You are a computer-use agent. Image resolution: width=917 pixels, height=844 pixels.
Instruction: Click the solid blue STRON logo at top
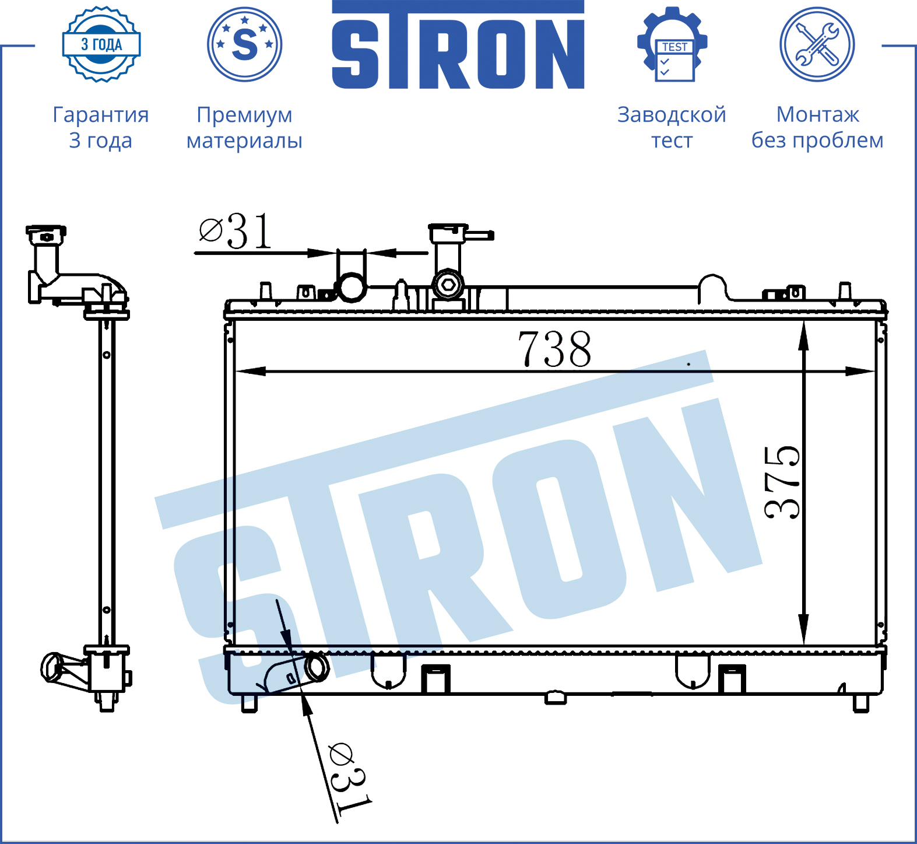[458, 45]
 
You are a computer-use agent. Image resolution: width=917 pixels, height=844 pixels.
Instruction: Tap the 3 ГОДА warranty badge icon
[101, 44]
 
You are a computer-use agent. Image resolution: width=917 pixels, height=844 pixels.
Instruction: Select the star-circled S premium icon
[245, 44]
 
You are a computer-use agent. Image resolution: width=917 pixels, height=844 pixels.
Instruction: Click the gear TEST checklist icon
[672, 44]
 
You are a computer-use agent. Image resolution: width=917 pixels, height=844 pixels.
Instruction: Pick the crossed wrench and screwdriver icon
[817, 44]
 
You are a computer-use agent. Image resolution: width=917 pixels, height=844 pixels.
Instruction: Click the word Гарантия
[101, 115]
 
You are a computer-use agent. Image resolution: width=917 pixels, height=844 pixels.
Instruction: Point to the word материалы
[244, 141]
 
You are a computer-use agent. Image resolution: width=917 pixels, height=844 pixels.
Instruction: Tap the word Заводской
[672, 114]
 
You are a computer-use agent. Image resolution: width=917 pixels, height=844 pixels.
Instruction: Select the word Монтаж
[817, 114]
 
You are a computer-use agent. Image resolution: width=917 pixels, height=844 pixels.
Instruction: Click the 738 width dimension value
[554, 349]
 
